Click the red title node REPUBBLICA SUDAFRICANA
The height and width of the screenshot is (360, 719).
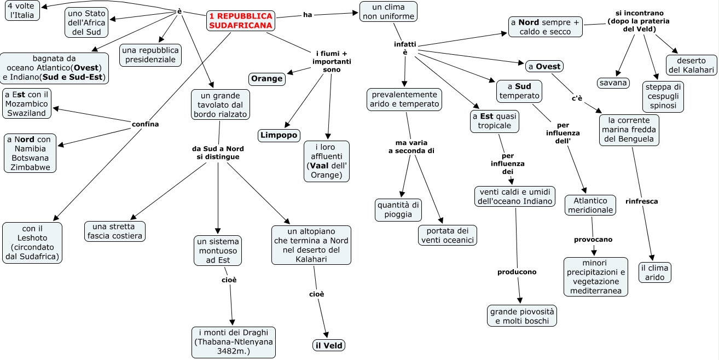[241, 21]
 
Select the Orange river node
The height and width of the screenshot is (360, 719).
[267, 79]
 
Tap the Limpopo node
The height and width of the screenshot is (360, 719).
[279, 135]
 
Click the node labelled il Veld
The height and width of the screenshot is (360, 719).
[329, 345]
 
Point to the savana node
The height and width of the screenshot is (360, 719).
[613, 83]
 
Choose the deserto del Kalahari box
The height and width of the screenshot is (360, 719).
[691, 65]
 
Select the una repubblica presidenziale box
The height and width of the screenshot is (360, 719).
[150, 55]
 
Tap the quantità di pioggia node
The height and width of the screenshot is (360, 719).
[398, 210]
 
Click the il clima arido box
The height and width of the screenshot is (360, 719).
[654, 272]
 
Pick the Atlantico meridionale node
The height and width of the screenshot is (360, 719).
[590, 205]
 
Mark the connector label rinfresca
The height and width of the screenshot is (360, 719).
[641, 201]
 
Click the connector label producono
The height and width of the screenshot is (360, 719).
[517, 272]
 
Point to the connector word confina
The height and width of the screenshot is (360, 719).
[145, 124]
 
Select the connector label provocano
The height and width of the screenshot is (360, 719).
[593, 240]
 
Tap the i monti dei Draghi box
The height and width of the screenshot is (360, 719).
[234, 342]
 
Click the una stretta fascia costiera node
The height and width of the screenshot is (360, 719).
[115, 231]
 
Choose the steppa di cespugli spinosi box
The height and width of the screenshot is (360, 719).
[663, 96]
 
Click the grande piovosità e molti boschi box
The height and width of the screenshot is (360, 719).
[522, 316]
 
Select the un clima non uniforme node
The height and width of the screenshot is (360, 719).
[388, 11]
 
